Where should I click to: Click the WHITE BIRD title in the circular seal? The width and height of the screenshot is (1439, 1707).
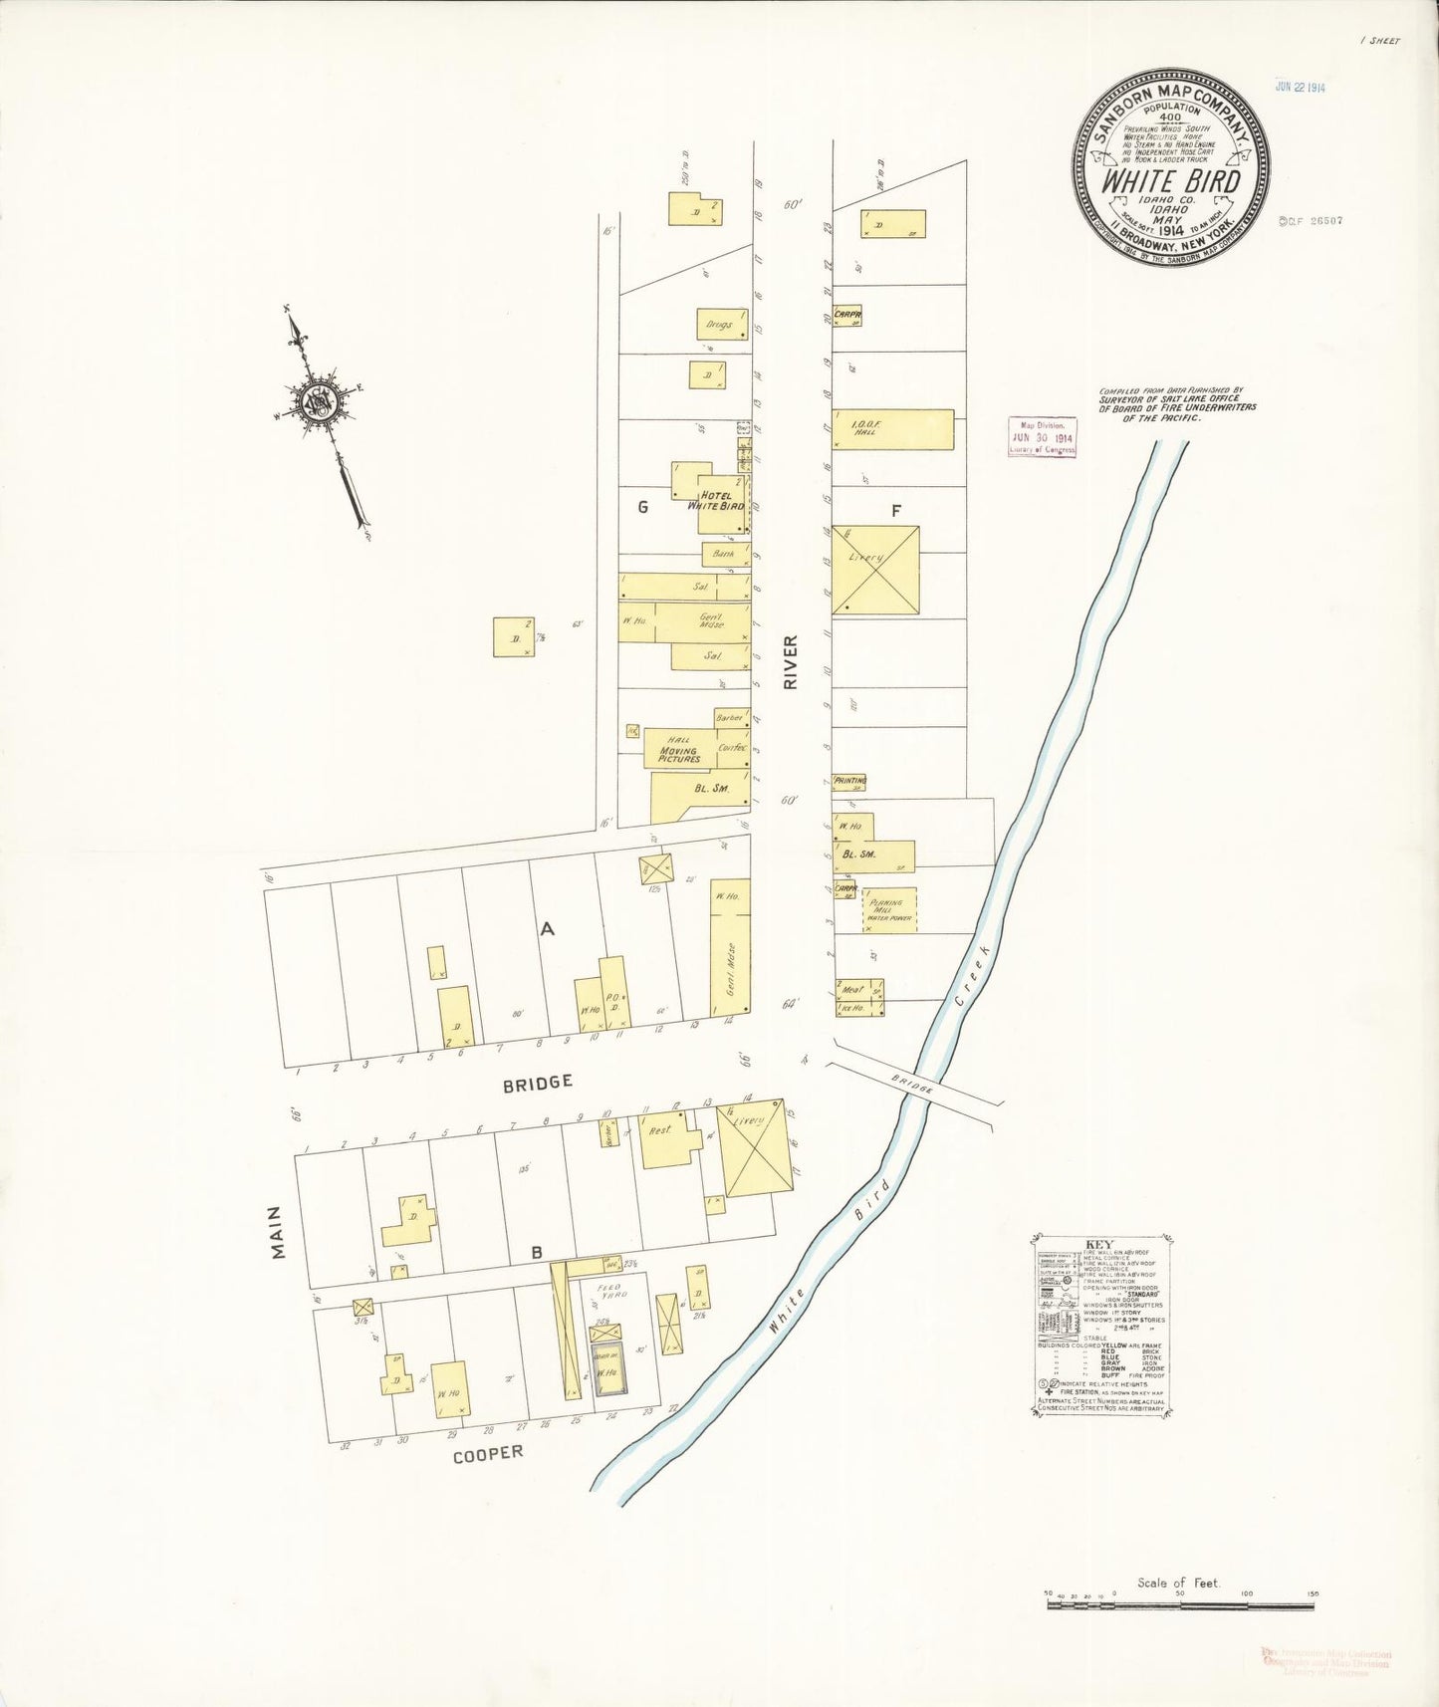(1170, 182)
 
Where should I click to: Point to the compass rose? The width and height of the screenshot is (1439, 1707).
(322, 401)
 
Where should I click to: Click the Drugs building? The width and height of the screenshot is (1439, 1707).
(721, 325)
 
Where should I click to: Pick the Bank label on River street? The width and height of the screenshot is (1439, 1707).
(724, 554)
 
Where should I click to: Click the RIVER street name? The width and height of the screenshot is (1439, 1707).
(791, 662)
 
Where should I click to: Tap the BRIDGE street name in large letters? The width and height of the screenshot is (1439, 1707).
(537, 1083)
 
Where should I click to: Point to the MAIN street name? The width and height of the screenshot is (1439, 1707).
(277, 1232)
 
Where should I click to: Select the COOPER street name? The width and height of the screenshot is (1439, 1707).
(487, 1454)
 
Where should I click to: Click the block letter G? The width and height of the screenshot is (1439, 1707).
(642, 507)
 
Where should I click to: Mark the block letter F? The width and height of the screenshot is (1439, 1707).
(896, 511)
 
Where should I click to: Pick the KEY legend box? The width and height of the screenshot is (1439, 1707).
(1100, 1324)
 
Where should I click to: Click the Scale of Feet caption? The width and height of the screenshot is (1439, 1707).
(1178, 1583)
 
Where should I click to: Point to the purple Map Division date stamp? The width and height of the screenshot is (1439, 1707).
(1042, 437)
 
